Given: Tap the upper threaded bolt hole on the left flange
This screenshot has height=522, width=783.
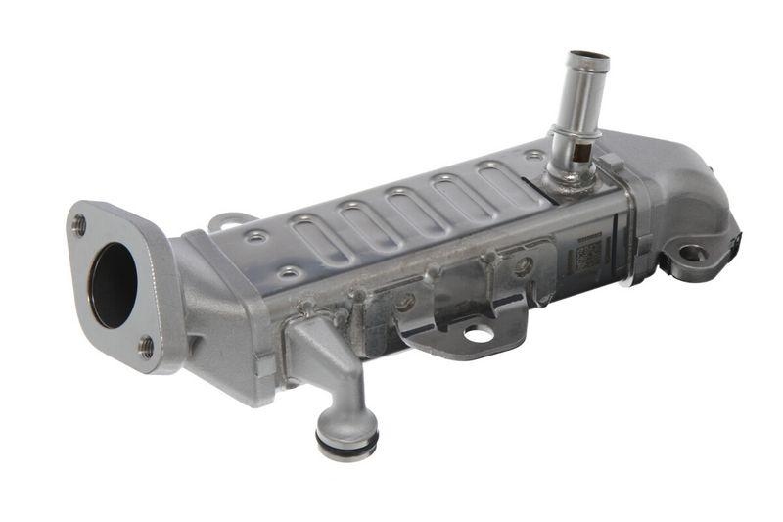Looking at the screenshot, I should coord(79,224).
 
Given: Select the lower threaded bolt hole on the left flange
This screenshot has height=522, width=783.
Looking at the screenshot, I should coord(146,346).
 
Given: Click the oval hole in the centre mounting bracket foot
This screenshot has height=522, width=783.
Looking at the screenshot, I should coord(479,334).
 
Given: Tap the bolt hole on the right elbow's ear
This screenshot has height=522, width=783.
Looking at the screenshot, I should coord(692,254).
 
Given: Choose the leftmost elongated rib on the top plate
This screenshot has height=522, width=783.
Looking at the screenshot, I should coord(310,241).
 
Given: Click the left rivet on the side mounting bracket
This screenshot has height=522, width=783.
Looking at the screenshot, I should coord(404,303).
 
